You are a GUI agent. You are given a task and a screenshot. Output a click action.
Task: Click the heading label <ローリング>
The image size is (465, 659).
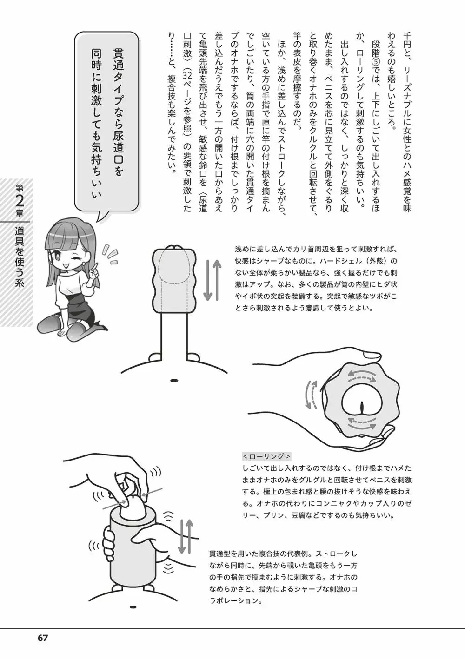click(266, 456)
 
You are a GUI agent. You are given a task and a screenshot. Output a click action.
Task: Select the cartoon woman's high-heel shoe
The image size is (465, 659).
click(99, 326)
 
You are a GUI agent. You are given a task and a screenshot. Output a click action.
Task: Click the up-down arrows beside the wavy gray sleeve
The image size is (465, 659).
click(213, 280)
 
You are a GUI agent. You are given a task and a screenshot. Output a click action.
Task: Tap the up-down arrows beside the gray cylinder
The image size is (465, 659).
click(186, 536)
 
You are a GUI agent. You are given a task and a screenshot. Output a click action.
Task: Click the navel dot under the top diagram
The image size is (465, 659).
click(174, 381)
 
